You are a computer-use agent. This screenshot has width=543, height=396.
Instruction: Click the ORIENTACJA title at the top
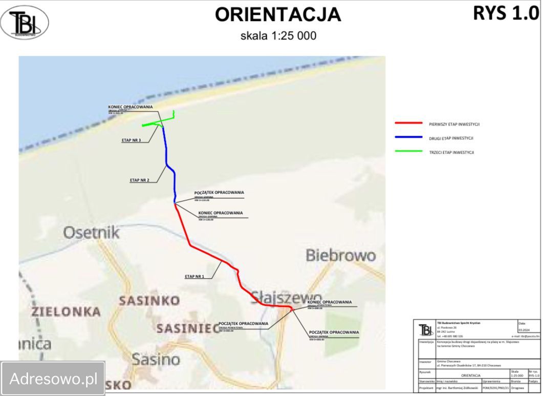click(x=277, y=15)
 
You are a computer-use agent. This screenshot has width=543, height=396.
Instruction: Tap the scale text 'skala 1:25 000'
click(x=278, y=36)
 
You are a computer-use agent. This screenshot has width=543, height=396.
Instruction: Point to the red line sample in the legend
click(x=408, y=123)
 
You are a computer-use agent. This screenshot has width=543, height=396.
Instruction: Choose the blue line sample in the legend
click(x=408, y=138)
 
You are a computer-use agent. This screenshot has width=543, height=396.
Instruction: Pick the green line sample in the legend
click(x=408, y=152)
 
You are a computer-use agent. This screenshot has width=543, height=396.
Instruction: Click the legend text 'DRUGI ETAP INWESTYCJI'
click(x=451, y=138)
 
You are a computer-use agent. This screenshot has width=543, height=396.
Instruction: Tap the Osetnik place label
click(x=91, y=233)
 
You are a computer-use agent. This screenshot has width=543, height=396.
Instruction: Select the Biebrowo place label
click(x=340, y=255)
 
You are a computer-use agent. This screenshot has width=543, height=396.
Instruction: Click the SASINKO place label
click(x=149, y=301)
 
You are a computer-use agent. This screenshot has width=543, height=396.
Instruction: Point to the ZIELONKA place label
click(x=66, y=311)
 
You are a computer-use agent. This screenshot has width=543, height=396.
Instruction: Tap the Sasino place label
click(x=156, y=359)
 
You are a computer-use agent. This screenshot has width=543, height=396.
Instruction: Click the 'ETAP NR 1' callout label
click(x=194, y=277)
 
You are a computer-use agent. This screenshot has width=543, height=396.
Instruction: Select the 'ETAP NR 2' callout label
click(x=139, y=180)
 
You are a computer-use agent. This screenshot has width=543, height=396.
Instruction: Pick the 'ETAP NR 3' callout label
click(x=131, y=140)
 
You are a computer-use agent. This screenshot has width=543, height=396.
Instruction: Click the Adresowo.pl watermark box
click(x=53, y=379)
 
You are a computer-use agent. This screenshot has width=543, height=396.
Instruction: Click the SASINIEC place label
click(x=184, y=328)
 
